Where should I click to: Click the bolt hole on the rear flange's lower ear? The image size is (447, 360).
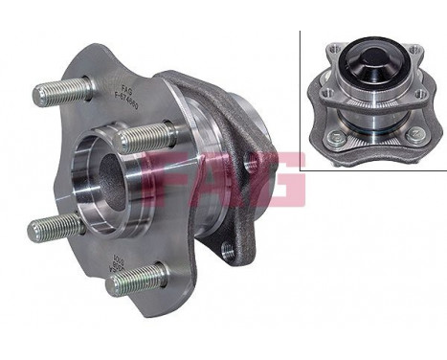228,251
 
